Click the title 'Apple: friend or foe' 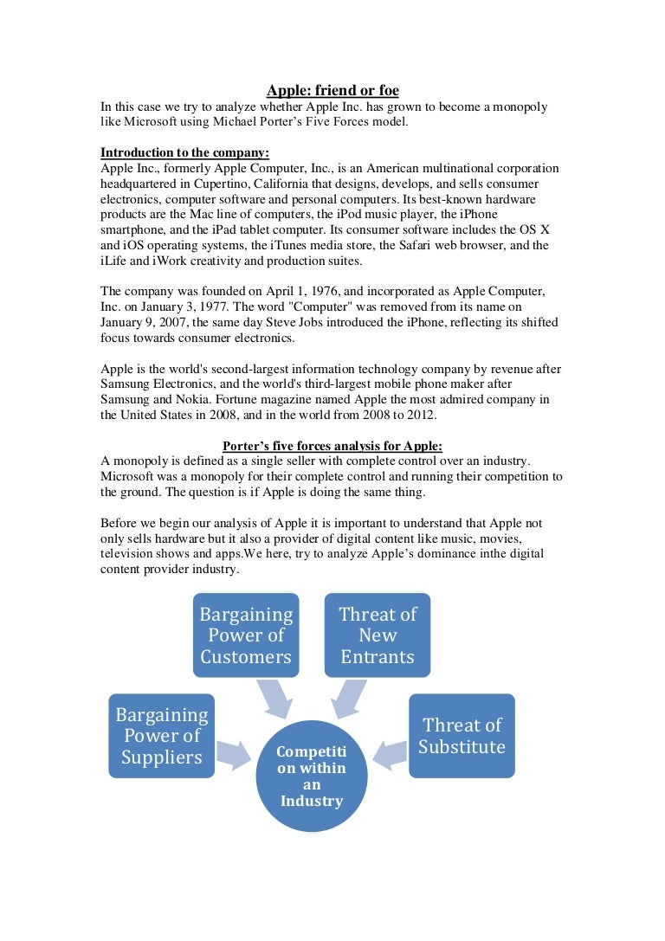(332, 90)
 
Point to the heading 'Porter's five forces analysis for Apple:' (332, 446)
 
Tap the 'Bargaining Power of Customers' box (246, 635)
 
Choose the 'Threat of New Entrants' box (378, 635)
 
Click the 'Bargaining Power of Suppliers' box (162, 736)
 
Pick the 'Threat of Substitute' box (462, 736)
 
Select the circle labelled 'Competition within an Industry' (312, 776)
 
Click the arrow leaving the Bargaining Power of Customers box (274, 698)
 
